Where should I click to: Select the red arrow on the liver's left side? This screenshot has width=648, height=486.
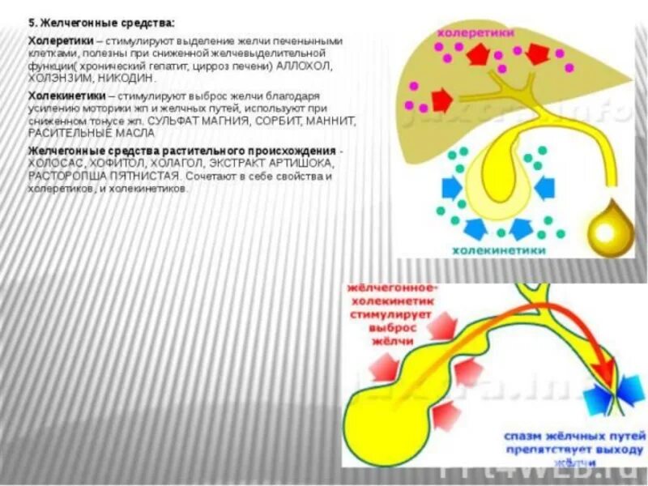coord(441,100)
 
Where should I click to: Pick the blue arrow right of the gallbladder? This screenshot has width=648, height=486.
coord(544,189)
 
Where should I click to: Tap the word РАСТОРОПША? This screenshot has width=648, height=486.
coord(65,174)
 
